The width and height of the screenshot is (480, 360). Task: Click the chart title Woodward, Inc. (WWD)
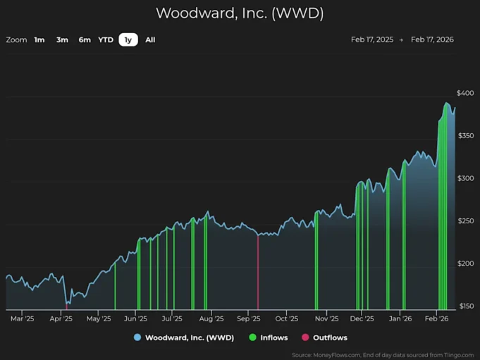tap(240, 13)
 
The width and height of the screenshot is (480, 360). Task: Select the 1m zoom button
tap(39, 40)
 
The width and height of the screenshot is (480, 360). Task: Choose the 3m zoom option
tap(62, 40)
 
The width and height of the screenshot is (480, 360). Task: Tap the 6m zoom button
tap(85, 40)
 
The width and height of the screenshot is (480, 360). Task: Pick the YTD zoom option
tap(106, 40)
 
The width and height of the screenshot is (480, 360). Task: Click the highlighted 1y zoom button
tap(128, 40)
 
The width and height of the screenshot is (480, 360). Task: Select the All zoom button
tap(150, 40)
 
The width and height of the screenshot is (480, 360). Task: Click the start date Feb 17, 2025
tap(372, 40)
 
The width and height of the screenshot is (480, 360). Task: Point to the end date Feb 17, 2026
tap(432, 40)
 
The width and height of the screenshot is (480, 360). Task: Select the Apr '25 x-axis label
tap(61, 318)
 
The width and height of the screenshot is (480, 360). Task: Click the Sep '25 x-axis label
tap(248, 318)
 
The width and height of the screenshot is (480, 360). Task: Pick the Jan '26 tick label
tap(400, 318)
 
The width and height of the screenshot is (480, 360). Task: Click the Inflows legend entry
tap(269, 338)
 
